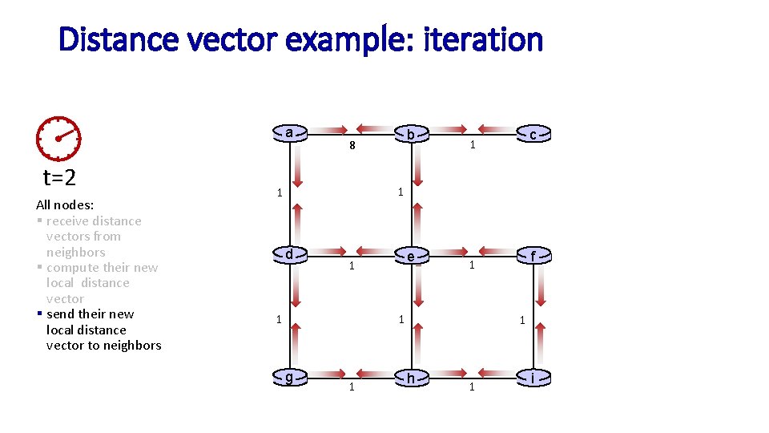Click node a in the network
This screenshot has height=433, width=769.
pyautogui.click(x=288, y=132)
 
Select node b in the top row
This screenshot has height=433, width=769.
pyautogui.click(x=411, y=134)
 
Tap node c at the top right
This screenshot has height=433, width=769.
pyautogui.click(x=533, y=134)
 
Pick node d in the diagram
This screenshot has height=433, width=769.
pyautogui.click(x=288, y=255)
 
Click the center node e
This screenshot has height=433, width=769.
pyautogui.click(x=411, y=257)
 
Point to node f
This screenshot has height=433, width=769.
pyautogui.click(x=533, y=257)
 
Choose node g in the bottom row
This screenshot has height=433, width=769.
pyautogui.click(x=288, y=378)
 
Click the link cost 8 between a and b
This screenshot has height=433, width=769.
pyautogui.click(x=351, y=148)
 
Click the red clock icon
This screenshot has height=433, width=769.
pyautogui.click(x=58, y=138)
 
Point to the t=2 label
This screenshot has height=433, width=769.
pyautogui.click(x=59, y=177)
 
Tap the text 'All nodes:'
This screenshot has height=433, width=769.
pyautogui.click(x=65, y=204)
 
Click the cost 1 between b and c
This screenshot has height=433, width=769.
pyautogui.click(x=473, y=145)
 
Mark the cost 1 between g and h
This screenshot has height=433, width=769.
pyautogui.click(x=350, y=387)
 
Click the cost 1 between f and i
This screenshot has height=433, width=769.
pyautogui.click(x=521, y=320)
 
